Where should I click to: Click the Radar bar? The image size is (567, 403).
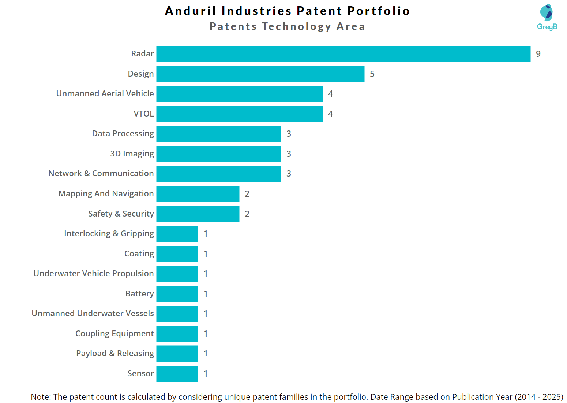tap(343, 54)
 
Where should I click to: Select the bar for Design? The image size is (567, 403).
tap(260, 74)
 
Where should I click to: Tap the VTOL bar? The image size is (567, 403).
tap(239, 114)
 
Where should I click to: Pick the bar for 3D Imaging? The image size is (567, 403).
tap(218, 154)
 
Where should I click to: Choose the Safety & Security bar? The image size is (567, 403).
tap(198, 214)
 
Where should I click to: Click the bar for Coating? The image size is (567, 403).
tap(177, 254)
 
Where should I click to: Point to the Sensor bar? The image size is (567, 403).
tap(177, 374)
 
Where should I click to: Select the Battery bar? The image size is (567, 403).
tap(177, 294)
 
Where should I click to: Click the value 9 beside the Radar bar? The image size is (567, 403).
tap(538, 54)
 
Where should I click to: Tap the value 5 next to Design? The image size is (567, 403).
tap(372, 74)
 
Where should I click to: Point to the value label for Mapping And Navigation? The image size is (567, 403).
tap(247, 194)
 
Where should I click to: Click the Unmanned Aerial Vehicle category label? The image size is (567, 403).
tap(105, 94)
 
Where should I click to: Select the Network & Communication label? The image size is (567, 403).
tap(101, 174)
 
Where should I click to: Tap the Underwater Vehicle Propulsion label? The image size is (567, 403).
tap(94, 274)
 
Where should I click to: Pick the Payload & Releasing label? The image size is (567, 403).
tap(115, 354)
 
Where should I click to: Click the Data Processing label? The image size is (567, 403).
tap(123, 134)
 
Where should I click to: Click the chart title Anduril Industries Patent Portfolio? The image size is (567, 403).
tap(287, 11)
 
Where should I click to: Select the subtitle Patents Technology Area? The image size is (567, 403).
tap(287, 27)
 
